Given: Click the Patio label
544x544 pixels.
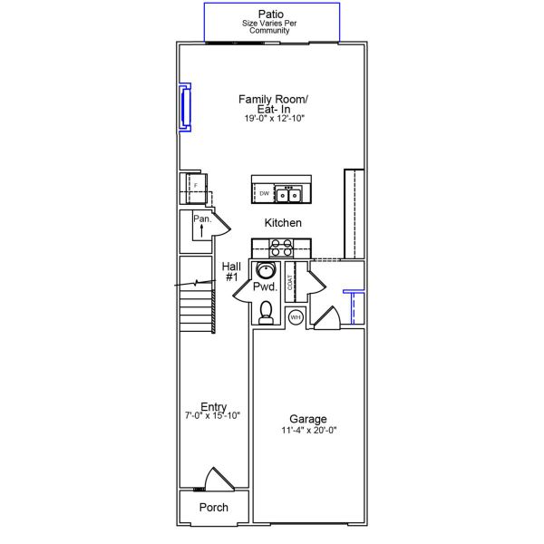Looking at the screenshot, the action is pyautogui.click(x=270, y=15).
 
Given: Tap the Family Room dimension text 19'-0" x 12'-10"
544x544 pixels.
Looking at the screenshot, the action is pyautogui.click(x=274, y=118).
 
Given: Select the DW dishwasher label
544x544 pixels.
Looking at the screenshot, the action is pyautogui.click(x=265, y=194).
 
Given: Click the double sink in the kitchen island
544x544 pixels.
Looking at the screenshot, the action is pyautogui.click(x=288, y=194).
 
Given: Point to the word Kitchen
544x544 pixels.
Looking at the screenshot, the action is pyautogui.click(x=283, y=223).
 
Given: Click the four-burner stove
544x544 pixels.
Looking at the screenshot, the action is pyautogui.click(x=281, y=248).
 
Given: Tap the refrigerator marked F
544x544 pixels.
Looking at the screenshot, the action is pyautogui.click(x=196, y=189).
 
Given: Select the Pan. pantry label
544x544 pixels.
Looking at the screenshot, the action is pyautogui.click(x=202, y=219).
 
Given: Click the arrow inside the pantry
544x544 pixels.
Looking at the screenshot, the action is pyautogui.click(x=201, y=230).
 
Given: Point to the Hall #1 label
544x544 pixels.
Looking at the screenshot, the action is pyautogui.click(x=231, y=272).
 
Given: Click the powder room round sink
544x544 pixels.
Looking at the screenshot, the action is pyautogui.click(x=266, y=270).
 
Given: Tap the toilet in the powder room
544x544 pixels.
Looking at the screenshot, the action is pyautogui.click(x=266, y=312).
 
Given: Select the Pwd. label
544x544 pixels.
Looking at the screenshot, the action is pyautogui.click(x=266, y=287).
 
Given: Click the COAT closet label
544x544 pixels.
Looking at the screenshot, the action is pyautogui.click(x=290, y=282).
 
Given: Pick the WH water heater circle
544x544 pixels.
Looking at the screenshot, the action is pyautogui.click(x=296, y=317).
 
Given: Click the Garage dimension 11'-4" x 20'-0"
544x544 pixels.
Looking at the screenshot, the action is pyautogui.click(x=309, y=430).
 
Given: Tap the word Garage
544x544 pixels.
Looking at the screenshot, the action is pyautogui.click(x=308, y=419).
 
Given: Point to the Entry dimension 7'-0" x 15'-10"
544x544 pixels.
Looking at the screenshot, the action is pyautogui.click(x=212, y=415).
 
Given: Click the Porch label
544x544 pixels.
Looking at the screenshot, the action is pyautogui.click(x=214, y=507).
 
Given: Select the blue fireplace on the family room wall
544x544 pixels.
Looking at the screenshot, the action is pyautogui.click(x=185, y=108).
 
